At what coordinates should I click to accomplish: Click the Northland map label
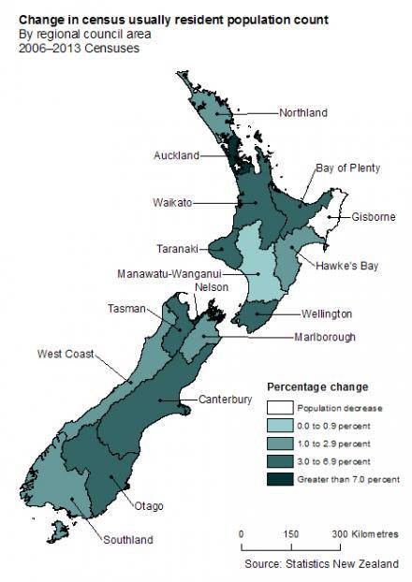303,113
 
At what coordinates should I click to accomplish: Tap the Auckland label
176,155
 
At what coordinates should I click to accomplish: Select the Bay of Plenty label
347,168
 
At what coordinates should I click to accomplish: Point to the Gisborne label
374,217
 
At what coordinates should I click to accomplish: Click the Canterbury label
225,400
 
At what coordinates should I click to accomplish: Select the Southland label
127,540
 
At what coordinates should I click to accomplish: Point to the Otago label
149,506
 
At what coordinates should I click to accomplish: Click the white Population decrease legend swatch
279,408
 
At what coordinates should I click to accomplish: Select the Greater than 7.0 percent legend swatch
279,479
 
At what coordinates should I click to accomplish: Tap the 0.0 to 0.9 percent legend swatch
279,426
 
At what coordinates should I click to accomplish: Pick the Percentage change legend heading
317,386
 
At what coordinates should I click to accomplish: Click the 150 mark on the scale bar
291,533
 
